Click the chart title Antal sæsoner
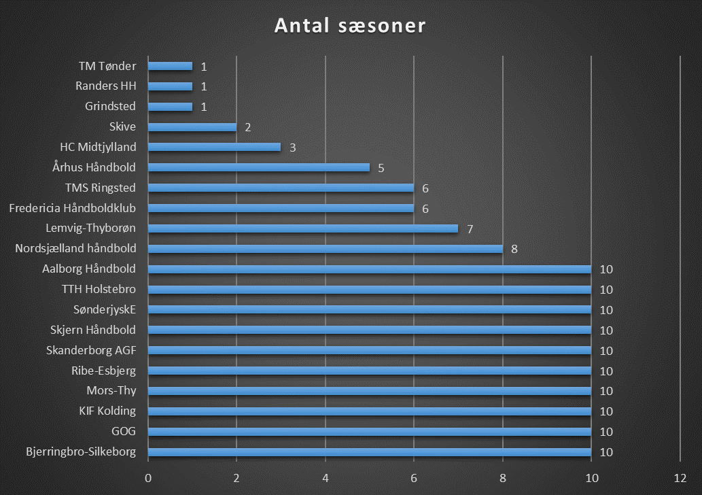pos(350,26)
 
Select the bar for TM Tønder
pos(170,66)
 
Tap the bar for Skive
pos(192,127)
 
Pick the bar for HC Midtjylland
pos(214,147)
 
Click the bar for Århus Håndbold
pos(258,167)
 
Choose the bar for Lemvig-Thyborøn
pos(302,228)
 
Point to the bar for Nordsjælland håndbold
pos(325,249)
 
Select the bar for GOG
pos(369,432)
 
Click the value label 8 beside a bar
pos(514,249)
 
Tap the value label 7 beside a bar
pos(470,228)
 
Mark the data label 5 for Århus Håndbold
pos(381,167)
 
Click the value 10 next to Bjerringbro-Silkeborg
pos(607,452)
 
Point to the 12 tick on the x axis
pos(680,477)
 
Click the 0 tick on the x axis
pos(147,477)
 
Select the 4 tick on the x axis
pos(326,477)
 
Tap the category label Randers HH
pos(106,86)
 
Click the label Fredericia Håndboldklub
pos(73,208)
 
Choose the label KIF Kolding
pos(107,411)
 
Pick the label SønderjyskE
pos(105,310)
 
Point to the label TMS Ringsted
pos(101,188)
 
